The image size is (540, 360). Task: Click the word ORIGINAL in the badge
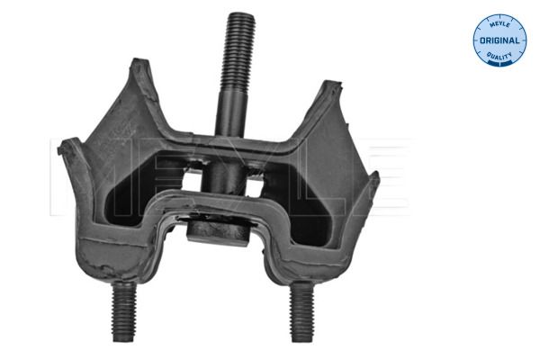499,41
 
